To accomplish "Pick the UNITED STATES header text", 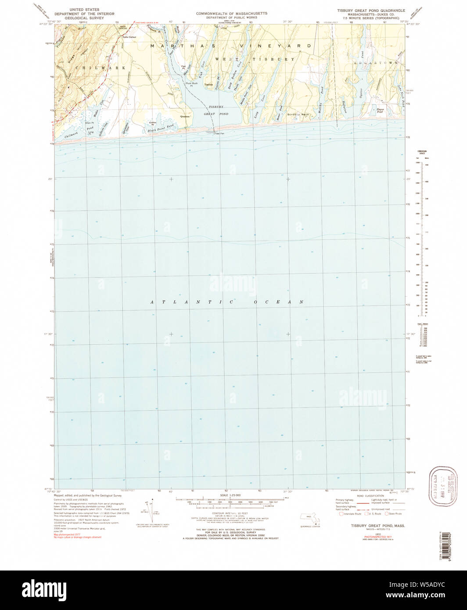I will tap(84, 9).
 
